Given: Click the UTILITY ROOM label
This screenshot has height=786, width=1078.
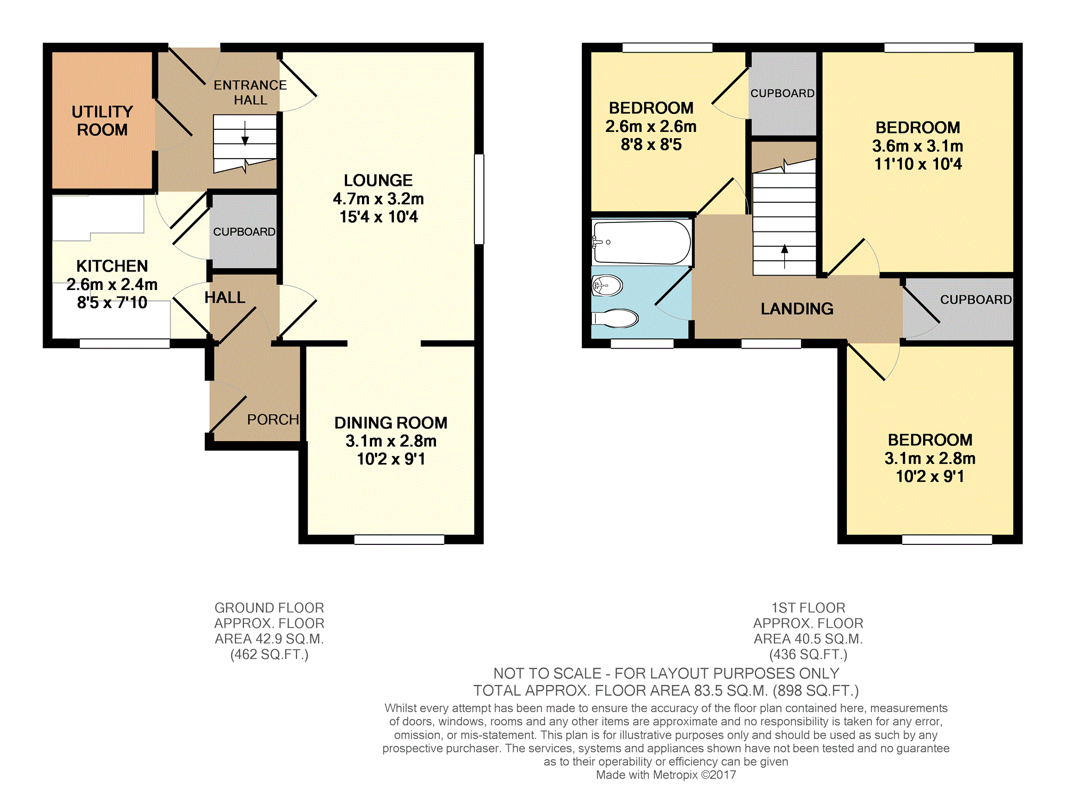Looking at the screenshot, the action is coord(102,121).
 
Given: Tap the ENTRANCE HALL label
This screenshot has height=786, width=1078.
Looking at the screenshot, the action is coord(250,93).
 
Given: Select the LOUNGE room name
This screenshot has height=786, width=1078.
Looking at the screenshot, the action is coord(378,180).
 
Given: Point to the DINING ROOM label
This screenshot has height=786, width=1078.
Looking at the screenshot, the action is coord(391,423).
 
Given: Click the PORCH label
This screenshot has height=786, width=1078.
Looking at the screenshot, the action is coord(273,419).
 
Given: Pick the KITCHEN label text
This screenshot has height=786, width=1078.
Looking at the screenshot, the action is coord(112,266).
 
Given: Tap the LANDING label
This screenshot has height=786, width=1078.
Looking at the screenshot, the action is coord(797,309).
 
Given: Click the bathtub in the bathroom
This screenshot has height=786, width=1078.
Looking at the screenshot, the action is coord(642,243).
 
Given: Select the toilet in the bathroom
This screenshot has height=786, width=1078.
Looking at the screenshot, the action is coord(615,318).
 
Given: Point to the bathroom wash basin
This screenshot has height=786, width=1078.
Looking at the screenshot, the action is coord(607,286).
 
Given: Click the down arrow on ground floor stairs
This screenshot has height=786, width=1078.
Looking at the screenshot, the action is coord(245,133).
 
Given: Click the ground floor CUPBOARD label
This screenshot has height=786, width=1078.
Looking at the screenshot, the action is coord(244,232).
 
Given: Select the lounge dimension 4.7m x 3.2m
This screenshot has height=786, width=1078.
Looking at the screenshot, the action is coord(378,199).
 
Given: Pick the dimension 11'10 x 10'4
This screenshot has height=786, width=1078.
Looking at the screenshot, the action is coord(918,164).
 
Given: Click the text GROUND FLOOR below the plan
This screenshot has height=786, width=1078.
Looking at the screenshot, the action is coord(269,608).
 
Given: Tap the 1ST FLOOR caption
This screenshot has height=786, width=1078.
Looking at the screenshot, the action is coord(808,608).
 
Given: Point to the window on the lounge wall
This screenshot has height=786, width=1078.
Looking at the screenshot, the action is coord(479,199).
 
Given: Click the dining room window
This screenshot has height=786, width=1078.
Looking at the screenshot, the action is coord(399,540).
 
